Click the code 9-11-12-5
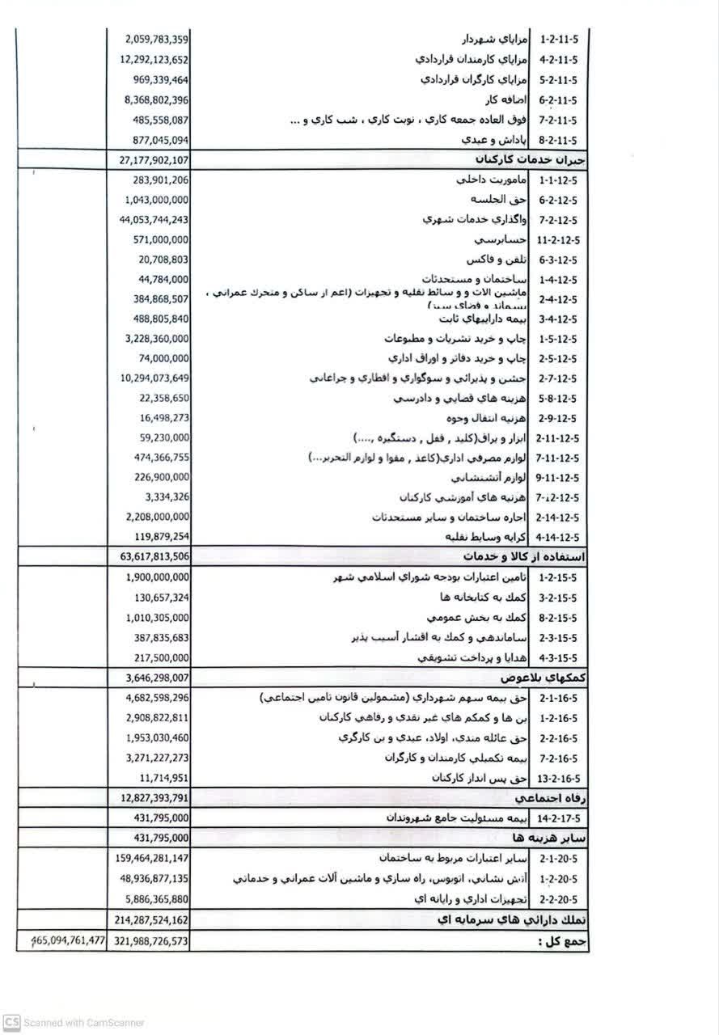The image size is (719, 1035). coord(560,477)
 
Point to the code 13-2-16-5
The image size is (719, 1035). coord(560,778)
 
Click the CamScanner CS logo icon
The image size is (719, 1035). coord(10,1022)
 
